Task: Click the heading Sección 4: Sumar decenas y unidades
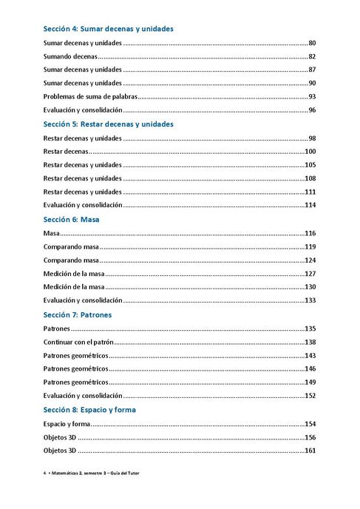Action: click(109, 29)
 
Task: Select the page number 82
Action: click(313, 56)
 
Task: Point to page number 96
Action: click(313, 110)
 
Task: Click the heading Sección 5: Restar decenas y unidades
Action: click(108, 124)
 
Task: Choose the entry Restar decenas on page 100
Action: click(66, 152)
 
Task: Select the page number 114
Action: click(311, 205)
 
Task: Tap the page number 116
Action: click(311, 233)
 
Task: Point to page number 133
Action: click(311, 300)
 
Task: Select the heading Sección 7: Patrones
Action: click(78, 314)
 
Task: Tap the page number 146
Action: click(311, 368)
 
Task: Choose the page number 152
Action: click(311, 396)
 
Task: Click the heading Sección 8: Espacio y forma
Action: click(89, 409)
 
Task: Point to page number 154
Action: click(311, 424)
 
